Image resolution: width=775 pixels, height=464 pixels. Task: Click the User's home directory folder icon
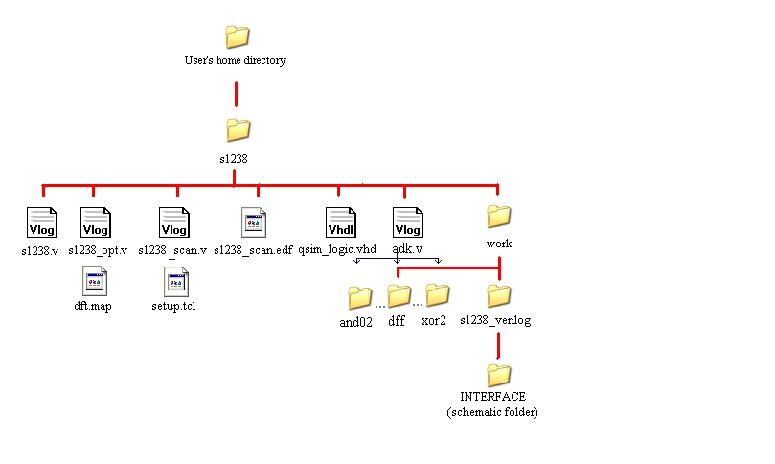237,36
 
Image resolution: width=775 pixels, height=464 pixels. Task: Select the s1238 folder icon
237,129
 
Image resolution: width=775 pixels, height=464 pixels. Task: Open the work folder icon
498,215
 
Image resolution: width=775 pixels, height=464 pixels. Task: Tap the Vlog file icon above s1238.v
41,222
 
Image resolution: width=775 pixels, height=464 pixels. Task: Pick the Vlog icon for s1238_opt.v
95,222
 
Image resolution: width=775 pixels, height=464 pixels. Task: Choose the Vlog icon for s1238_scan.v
173,222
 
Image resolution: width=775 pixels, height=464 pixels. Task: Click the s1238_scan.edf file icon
254,222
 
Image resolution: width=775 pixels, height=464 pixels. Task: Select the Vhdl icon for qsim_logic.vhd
340,222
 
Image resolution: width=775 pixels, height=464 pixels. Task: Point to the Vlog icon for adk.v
408,222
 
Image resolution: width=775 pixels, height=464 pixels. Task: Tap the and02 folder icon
359,296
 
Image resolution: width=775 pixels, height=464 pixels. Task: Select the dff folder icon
399,295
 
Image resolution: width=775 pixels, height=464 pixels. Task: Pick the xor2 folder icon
437,294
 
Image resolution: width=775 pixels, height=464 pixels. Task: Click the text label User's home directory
235,60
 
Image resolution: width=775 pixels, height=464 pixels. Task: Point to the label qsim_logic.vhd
337,249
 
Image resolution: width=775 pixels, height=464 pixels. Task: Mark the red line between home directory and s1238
236,94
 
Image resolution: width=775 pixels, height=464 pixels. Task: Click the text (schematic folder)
492,412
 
